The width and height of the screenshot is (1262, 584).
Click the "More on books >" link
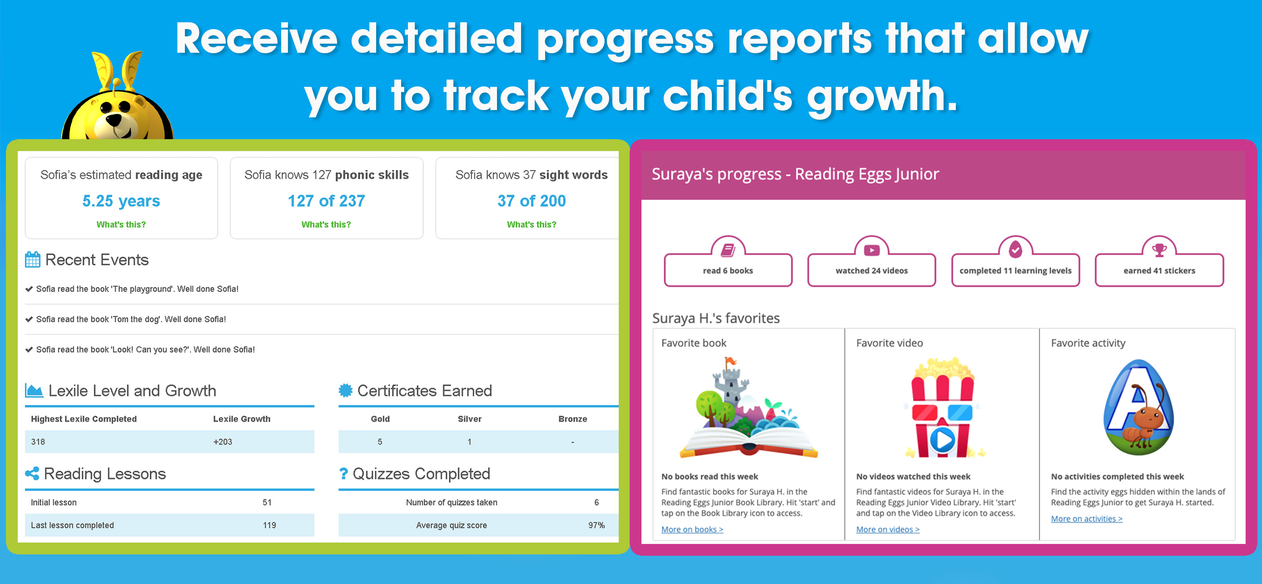coord(692,529)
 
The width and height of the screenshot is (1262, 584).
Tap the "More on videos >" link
coord(888,529)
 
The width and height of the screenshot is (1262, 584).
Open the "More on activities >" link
coord(1087,519)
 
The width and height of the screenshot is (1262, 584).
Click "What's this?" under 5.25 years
coord(121,225)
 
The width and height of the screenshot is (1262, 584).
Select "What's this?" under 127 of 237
coord(326,225)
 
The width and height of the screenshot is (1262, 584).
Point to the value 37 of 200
coord(532,201)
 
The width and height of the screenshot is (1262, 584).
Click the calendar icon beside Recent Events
coord(33,259)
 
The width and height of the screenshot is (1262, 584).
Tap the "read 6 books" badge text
coord(728,271)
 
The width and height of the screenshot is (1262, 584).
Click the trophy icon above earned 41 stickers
coord(1159,250)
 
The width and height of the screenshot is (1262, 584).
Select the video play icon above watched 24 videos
coord(872,250)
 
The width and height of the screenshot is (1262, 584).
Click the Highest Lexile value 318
coord(38,442)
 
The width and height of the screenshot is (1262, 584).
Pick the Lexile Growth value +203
coord(223,442)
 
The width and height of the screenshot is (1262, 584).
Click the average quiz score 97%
coord(596,525)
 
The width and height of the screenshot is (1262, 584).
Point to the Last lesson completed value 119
coord(269,525)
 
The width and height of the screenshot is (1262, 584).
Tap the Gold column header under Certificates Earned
coord(380,419)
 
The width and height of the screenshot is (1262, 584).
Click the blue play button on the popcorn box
coord(943,440)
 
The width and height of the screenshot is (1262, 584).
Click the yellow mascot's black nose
coord(114,119)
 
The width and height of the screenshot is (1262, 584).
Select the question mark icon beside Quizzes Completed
coord(343,473)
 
